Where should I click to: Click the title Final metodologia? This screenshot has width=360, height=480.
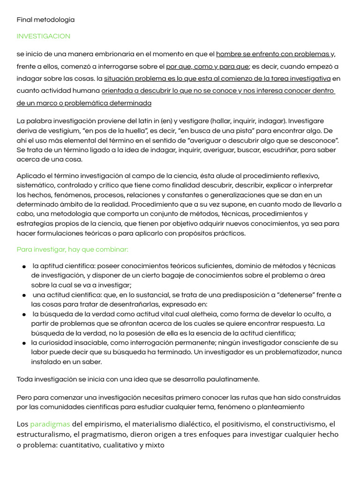click(x=45, y=20)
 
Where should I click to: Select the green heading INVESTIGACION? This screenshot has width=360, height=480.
click(x=43, y=36)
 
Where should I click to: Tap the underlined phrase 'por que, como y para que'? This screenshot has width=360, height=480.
click(x=208, y=66)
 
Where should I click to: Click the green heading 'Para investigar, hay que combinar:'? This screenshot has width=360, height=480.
click(x=72, y=249)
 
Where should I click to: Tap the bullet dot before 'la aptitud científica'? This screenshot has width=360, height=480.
click(x=24, y=266)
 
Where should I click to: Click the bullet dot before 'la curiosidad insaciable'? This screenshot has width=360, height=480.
click(x=24, y=343)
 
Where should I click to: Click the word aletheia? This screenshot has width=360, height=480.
click(x=205, y=314)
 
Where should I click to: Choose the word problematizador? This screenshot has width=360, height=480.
click(x=291, y=352)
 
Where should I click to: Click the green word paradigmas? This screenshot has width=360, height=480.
click(x=50, y=424)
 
